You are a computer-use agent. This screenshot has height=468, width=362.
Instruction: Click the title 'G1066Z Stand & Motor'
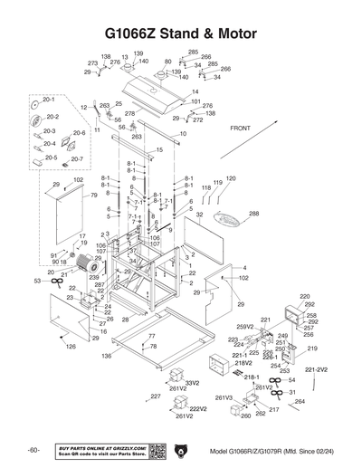[180, 33]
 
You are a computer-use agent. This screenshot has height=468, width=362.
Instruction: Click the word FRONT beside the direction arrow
[241, 129]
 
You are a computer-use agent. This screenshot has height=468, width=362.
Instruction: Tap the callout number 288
[253, 214]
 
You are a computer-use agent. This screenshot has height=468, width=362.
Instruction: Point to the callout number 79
[93, 195]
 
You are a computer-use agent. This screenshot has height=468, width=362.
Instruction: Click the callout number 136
[107, 356]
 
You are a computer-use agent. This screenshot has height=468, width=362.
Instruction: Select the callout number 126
[71, 346]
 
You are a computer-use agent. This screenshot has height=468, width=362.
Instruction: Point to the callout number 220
[305, 296]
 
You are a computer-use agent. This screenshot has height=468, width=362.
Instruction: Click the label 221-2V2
[316, 369]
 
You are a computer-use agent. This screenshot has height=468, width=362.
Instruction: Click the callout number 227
[155, 396]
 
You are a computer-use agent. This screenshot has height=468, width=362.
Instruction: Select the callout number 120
[231, 178]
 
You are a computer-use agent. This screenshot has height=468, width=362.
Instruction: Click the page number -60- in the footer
[33, 451]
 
